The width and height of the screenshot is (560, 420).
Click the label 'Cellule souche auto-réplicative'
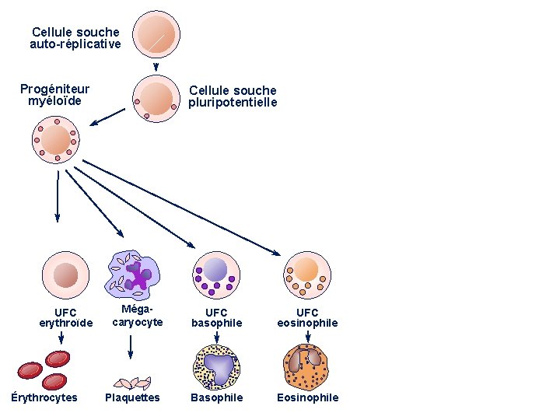tap(75, 38)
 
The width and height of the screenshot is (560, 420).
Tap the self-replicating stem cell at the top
tap(156, 33)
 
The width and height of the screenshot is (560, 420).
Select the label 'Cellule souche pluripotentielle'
tap(233, 96)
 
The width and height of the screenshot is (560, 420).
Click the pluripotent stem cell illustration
tap(156, 98)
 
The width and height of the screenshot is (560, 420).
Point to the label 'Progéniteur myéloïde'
tap(54, 95)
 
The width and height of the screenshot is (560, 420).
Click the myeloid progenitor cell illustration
tap(55, 140)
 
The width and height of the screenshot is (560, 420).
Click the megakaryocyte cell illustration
tap(134, 275)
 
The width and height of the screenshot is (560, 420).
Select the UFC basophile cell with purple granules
tap(216, 274)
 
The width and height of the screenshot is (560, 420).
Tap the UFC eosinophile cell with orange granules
tap(307, 274)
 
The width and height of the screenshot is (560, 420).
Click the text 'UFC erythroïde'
tap(66, 317)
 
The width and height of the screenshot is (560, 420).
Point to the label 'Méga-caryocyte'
tap(138, 316)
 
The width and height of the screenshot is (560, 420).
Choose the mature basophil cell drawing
tap(217, 367)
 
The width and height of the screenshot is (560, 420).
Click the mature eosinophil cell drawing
tap(307, 367)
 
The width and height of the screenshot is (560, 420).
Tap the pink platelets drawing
tap(131, 382)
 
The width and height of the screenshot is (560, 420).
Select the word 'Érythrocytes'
tap(44, 397)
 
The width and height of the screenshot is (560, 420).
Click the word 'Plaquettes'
tap(132, 397)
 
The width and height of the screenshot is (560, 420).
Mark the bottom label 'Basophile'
tap(217, 397)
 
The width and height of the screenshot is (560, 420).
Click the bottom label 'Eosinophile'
tap(308, 397)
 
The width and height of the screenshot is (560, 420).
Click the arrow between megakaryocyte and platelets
tap(130, 346)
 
